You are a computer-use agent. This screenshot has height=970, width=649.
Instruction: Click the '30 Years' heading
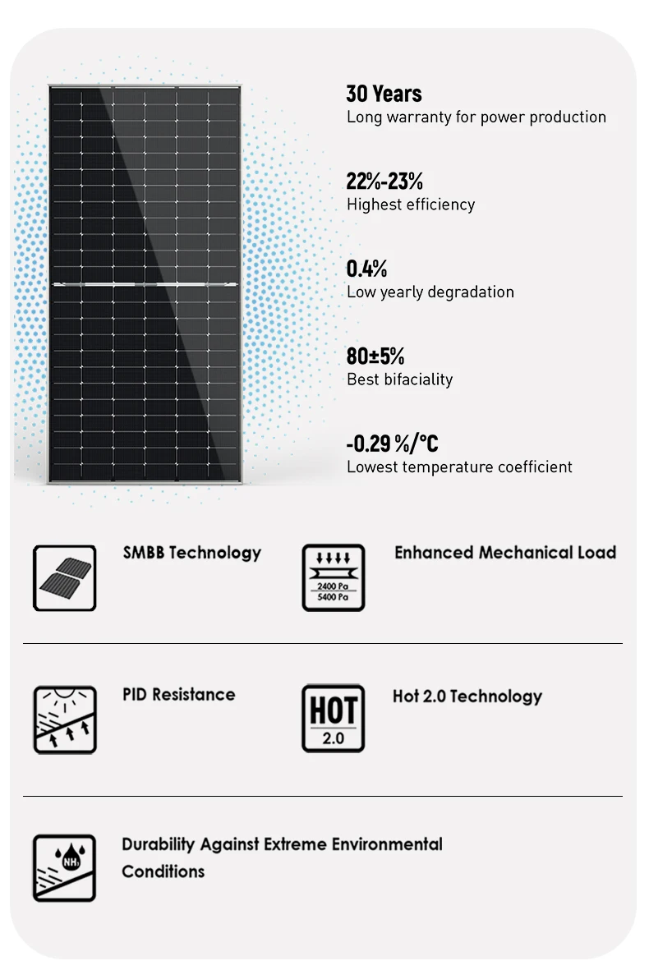click(x=384, y=94)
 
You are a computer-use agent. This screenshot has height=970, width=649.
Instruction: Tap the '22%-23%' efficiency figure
click(x=384, y=181)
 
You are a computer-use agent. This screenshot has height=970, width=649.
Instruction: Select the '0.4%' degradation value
click(x=366, y=269)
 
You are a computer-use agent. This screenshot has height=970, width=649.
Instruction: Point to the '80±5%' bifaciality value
click(x=375, y=356)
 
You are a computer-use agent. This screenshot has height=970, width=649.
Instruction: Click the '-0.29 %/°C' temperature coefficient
click(x=392, y=444)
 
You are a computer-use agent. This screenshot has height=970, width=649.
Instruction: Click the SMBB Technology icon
click(x=64, y=578)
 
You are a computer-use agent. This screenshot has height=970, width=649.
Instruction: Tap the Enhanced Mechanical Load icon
click(x=334, y=577)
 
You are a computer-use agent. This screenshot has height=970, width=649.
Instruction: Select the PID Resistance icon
click(x=64, y=720)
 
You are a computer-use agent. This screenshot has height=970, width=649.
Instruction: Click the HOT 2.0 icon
click(x=334, y=719)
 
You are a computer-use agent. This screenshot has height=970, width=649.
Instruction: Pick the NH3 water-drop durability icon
click(x=64, y=868)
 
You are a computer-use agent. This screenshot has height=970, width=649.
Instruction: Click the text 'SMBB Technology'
click(x=191, y=553)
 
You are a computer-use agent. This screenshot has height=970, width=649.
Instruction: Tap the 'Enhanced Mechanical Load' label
click(x=505, y=553)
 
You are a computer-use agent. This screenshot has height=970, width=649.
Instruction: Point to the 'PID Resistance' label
click(x=178, y=695)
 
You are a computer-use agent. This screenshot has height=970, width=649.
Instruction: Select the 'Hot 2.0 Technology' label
click(x=467, y=696)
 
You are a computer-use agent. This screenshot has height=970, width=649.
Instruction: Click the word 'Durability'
click(x=159, y=844)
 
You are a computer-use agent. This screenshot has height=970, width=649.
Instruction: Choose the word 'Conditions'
click(x=163, y=871)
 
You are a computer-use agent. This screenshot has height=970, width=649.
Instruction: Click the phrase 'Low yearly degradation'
click(x=430, y=292)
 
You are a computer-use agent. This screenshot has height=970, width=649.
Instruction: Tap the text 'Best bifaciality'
click(x=399, y=379)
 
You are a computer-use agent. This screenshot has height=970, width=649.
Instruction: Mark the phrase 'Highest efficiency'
click(x=410, y=205)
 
